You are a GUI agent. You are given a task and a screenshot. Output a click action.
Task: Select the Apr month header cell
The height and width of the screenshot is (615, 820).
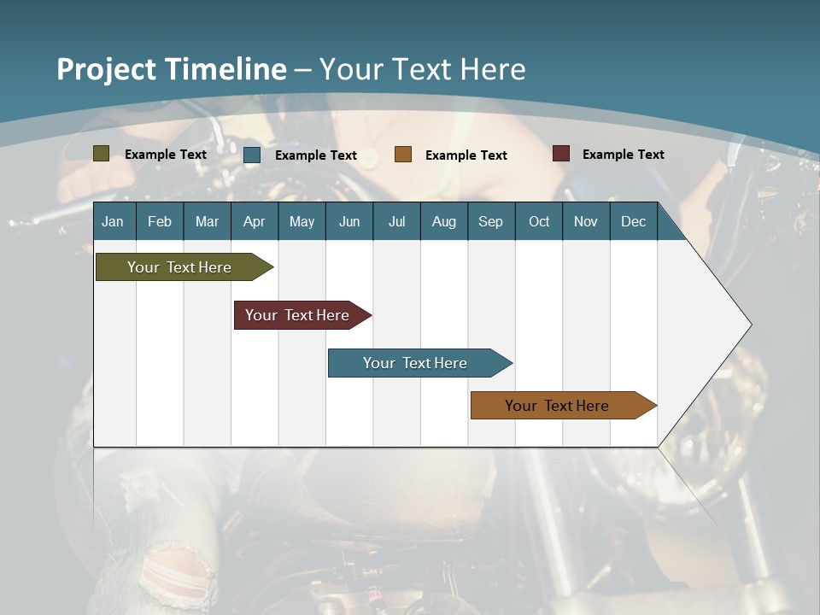pyautogui.click(x=255, y=221)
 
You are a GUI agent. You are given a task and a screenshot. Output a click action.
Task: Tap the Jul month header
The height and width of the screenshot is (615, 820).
pyautogui.click(x=396, y=221)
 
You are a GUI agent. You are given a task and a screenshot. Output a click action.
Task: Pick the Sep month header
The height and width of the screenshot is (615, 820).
pyautogui.click(x=490, y=221)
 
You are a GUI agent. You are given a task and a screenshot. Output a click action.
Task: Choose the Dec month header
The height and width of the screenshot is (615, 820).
pyautogui.click(x=633, y=221)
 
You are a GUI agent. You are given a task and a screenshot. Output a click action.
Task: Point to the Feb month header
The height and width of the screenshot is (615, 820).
pyautogui.click(x=160, y=221)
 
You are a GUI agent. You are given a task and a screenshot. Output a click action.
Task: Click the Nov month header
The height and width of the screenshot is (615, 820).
pyautogui.click(x=586, y=221)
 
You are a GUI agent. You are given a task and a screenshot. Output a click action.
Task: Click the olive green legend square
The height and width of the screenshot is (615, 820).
pyautogui.click(x=101, y=154)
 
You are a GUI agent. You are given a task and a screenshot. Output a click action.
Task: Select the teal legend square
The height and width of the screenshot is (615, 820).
pyautogui.click(x=252, y=155)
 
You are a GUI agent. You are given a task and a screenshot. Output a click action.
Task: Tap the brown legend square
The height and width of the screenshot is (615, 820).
pyautogui.click(x=403, y=155)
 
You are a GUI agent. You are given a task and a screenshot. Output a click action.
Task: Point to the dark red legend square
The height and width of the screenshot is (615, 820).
pyautogui.click(x=561, y=154)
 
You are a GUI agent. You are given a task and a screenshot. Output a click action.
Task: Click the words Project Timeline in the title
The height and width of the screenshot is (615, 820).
pyautogui.click(x=171, y=69)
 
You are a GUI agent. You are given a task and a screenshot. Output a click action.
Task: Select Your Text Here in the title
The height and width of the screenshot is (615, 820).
pyautogui.click(x=422, y=69)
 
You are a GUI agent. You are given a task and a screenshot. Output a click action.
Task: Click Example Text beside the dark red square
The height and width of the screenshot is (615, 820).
pyautogui.click(x=623, y=155)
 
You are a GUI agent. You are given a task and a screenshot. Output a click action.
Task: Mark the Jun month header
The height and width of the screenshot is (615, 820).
pyautogui.click(x=349, y=221)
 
